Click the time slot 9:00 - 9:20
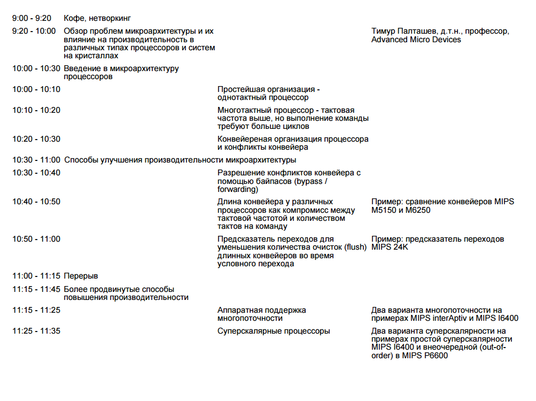(32, 19)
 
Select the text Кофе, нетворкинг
(97, 19)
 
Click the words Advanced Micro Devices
(416, 40)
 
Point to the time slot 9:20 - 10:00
(34, 31)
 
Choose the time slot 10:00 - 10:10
(36, 89)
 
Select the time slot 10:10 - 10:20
(36, 110)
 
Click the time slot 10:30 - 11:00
(36, 160)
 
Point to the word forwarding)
(238, 189)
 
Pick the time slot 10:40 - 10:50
(36, 202)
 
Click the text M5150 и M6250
(401, 210)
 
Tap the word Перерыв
(81, 276)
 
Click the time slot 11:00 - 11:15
(36, 276)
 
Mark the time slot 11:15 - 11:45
(36, 289)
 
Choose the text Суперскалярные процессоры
(274, 331)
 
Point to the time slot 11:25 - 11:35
(36, 331)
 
